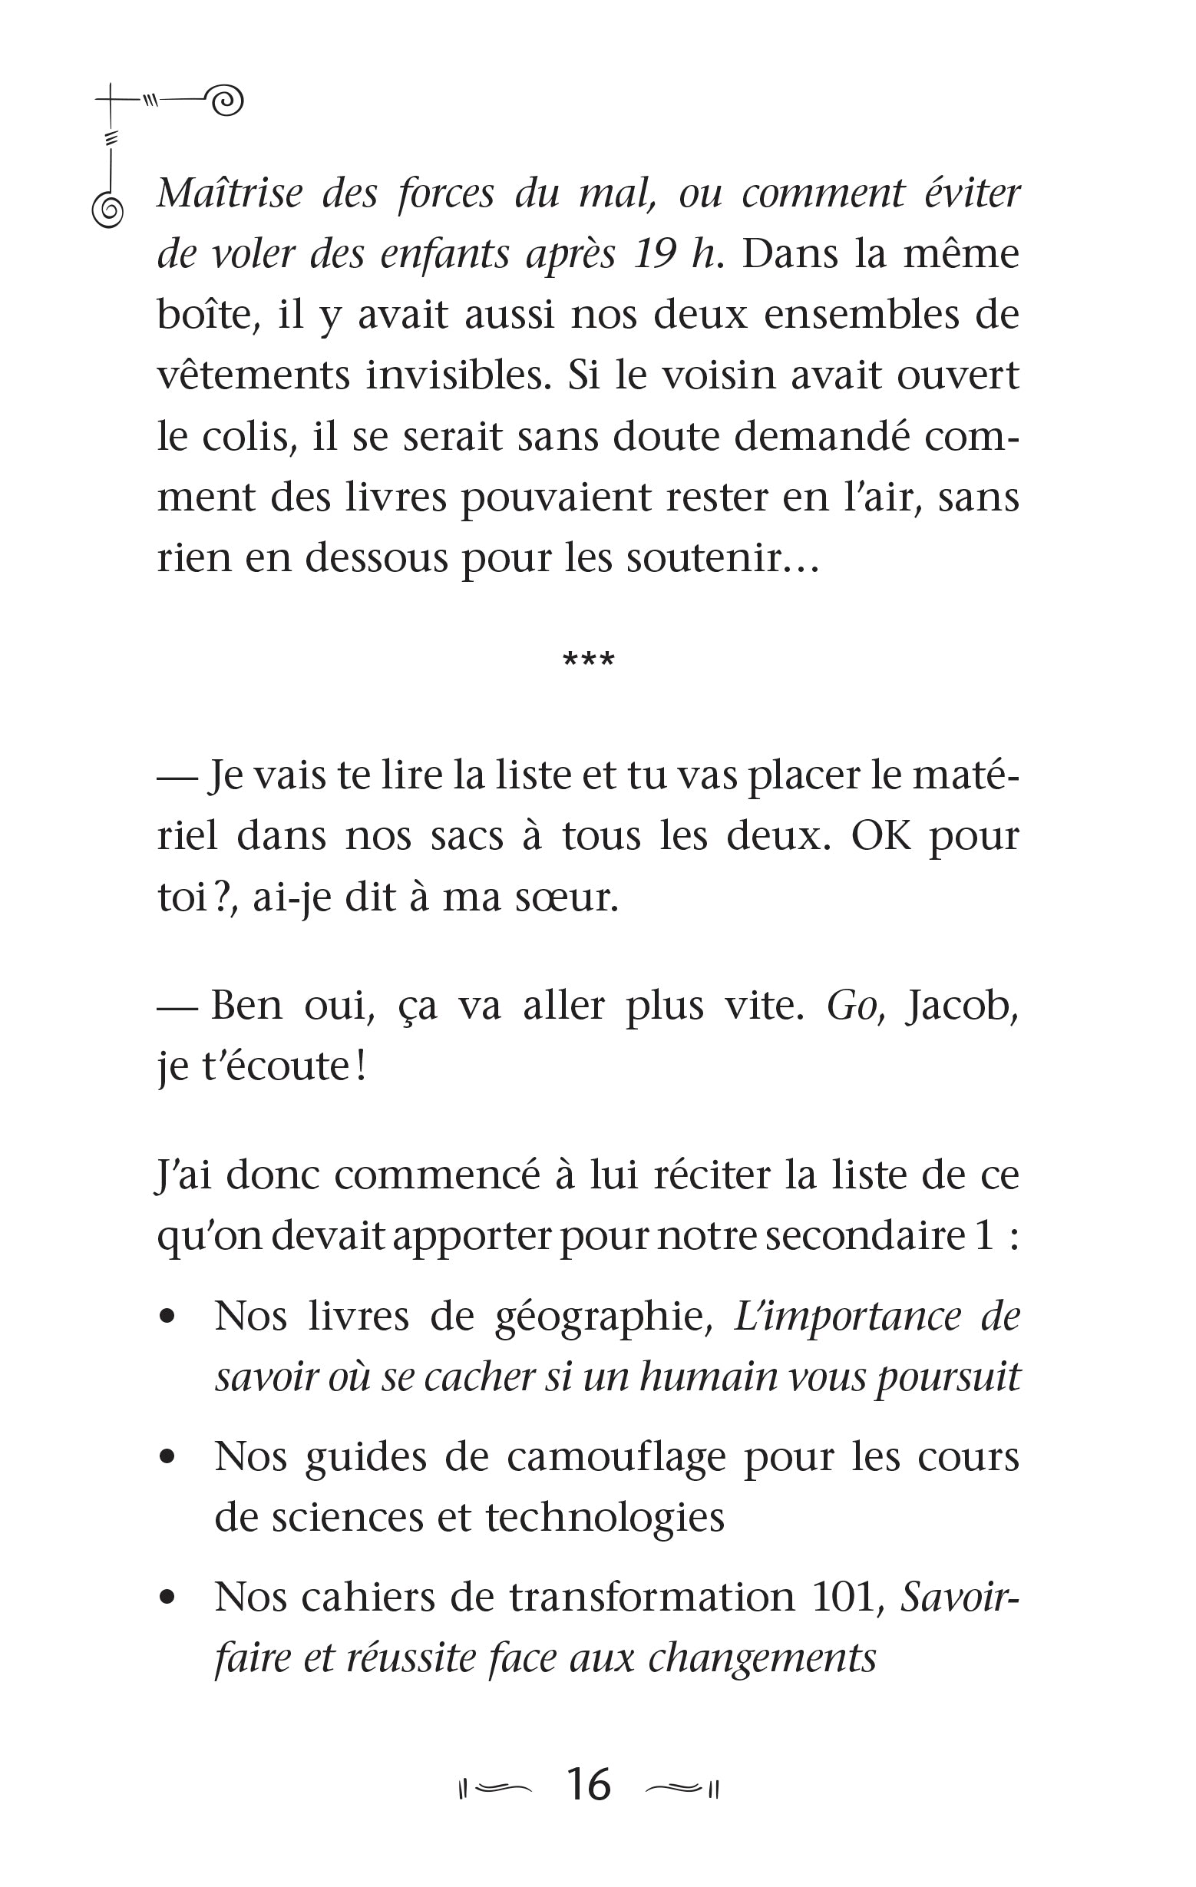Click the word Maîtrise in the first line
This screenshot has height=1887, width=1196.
pos(229,193)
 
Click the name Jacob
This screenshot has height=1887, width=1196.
pos(962,1006)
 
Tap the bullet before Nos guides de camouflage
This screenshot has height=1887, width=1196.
pos(166,1457)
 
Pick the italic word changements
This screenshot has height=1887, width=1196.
pos(762,1657)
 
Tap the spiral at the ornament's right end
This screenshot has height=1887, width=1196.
pos(227,101)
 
